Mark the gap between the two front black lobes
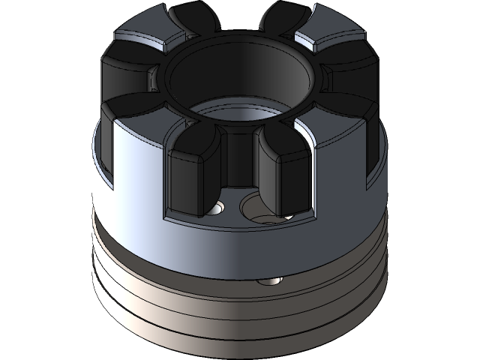238,172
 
